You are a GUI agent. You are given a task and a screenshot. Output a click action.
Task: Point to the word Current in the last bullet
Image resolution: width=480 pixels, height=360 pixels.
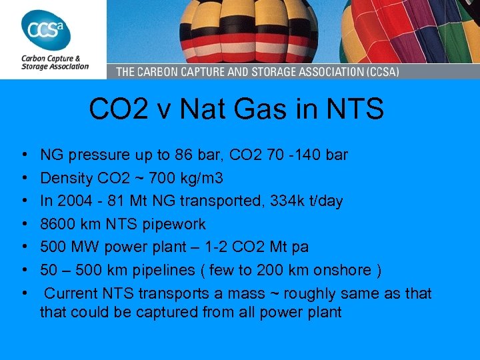click(72, 293)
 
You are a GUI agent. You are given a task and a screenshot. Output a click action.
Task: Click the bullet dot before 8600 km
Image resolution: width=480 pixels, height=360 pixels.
click(24, 224)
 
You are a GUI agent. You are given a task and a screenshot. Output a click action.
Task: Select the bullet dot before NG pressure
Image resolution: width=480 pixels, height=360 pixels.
click(24, 155)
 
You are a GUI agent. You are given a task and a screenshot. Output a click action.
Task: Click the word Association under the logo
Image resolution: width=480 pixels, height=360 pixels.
click(69, 66)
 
